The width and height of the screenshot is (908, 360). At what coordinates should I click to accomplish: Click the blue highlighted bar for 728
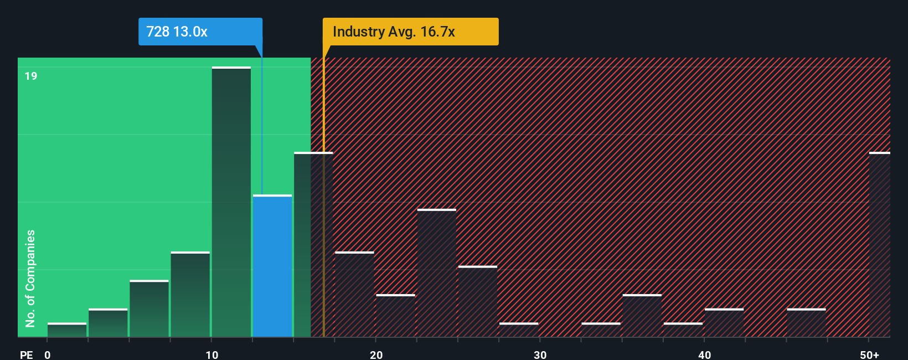click(x=272, y=266)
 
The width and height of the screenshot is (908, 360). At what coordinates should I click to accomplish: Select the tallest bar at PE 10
click(x=231, y=202)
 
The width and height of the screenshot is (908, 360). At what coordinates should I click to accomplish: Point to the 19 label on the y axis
click(x=31, y=76)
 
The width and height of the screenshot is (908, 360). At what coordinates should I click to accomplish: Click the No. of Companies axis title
click(x=30, y=278)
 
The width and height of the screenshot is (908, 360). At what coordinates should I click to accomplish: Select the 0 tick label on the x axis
click(x=48, y=355)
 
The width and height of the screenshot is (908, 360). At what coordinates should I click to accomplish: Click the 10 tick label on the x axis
click(x=212, y=355)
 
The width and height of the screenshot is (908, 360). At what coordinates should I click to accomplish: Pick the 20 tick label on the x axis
click(x=376, y=355)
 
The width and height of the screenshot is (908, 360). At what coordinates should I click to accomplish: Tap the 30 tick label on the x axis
click(x=540, y=355)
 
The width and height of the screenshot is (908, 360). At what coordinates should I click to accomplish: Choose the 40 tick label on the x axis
click(x=704, y=355)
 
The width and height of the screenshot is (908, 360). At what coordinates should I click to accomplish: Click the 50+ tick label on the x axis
click(x=870, y=355)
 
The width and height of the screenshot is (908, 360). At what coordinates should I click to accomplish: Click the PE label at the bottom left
click(x=26, y=355)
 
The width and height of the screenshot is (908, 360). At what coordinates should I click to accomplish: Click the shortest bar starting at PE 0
click(x=67, y=330)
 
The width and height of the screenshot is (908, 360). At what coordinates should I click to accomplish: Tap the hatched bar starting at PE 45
click(x=806, y=323)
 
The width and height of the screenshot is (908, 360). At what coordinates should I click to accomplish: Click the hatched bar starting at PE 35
click(x=642, y=316)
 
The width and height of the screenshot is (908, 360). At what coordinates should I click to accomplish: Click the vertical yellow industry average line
click(x=323, y=194)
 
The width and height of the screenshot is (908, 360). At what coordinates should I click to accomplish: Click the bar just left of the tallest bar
click(x=190, y=295)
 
